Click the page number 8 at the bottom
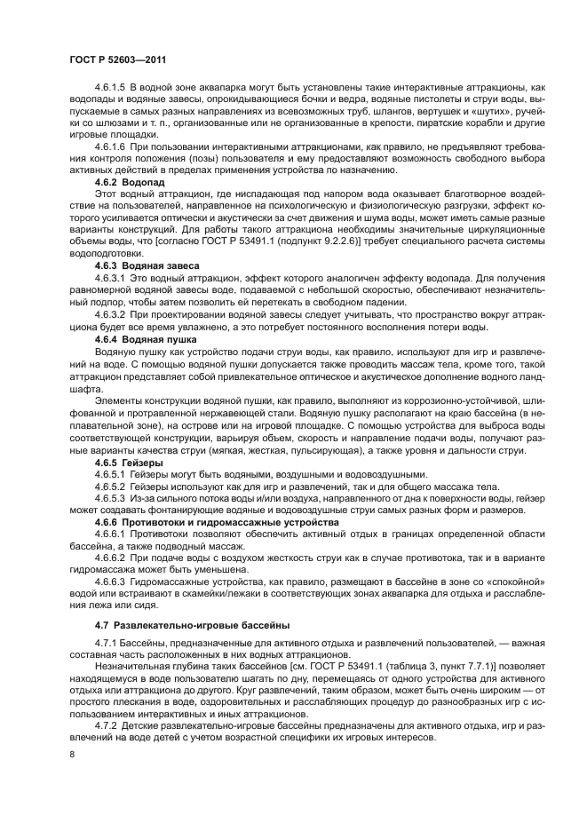pyautogui.click(x=73, y=755)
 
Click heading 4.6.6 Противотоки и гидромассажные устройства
pyautogui.click(x=217, y=523)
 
